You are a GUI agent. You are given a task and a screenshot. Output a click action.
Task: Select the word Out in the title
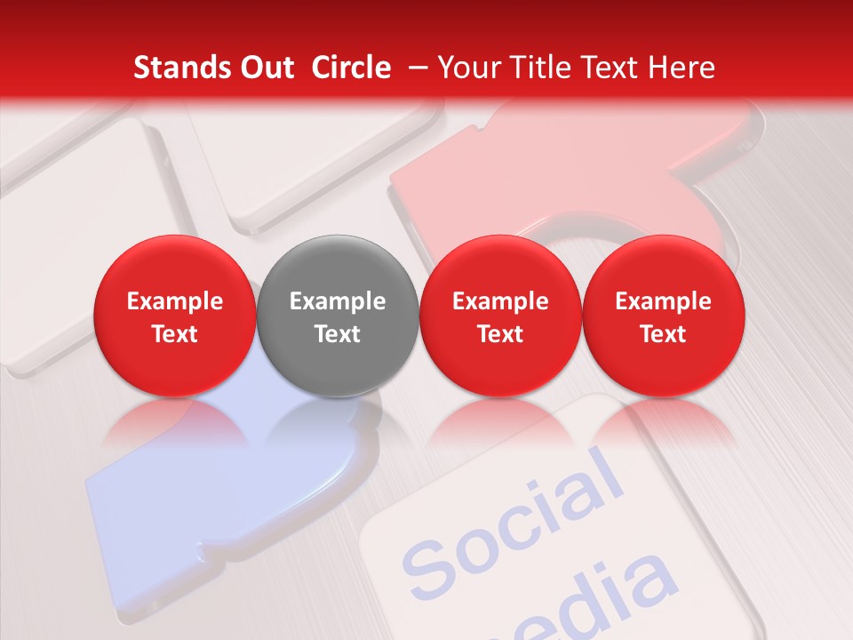point(266,68)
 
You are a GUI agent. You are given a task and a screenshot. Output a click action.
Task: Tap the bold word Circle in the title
point(351,68)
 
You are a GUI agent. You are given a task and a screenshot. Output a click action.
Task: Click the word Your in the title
point(468,68)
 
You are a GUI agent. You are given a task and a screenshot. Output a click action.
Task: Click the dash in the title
point(414,68)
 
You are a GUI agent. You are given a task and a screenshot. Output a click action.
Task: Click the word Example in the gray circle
point(338,301)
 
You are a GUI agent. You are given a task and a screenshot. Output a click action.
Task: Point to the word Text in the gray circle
point(338,334)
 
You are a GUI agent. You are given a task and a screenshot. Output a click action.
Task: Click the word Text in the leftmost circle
point(174,334)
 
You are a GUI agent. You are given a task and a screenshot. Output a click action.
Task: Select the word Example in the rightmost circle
point(663,301)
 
